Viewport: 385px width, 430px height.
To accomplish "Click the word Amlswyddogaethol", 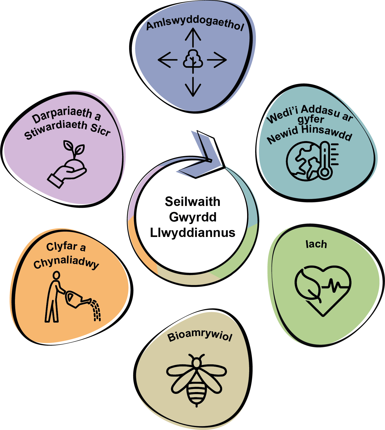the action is coord(195,24).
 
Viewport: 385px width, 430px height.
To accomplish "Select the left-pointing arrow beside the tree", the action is coord(168,60).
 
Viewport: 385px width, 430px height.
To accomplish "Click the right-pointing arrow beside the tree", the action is coord(217,60).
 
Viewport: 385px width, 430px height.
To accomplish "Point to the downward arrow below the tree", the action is coord(193,87).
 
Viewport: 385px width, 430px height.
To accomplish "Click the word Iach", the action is coord(316,244).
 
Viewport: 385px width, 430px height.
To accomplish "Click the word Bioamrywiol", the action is coord(200,336).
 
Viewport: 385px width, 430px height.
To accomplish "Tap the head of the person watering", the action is coord(56,275).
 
